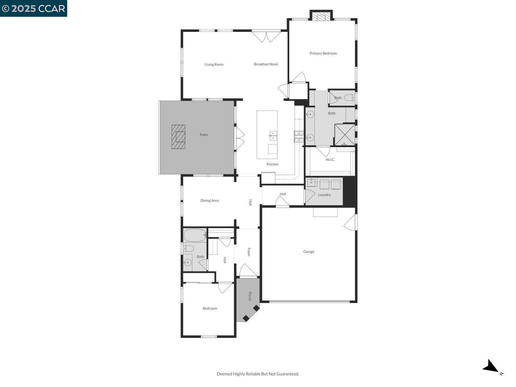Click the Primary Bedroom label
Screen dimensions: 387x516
coord(323,53)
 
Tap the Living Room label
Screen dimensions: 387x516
coord(214,64)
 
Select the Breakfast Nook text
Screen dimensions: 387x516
coord(266,64)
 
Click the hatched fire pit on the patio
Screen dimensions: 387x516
coord(178,137)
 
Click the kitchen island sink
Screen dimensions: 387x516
coord(273,135)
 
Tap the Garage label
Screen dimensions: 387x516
coord(309,252)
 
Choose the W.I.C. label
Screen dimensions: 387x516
coord(330,160)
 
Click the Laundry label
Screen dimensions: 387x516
coord(324,195)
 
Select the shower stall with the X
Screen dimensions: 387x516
coord(345,134)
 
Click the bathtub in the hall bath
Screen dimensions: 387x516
coord(195,235)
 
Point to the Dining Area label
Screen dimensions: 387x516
coord(209,201)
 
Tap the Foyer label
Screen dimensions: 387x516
coord(249,252)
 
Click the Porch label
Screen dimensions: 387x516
coord(250,296)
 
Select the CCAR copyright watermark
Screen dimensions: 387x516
coord(34,8)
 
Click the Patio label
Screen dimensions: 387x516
coord(204,135)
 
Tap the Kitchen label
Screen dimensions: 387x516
coord(272,164)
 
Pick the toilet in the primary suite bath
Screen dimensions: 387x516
coord(349,98)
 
